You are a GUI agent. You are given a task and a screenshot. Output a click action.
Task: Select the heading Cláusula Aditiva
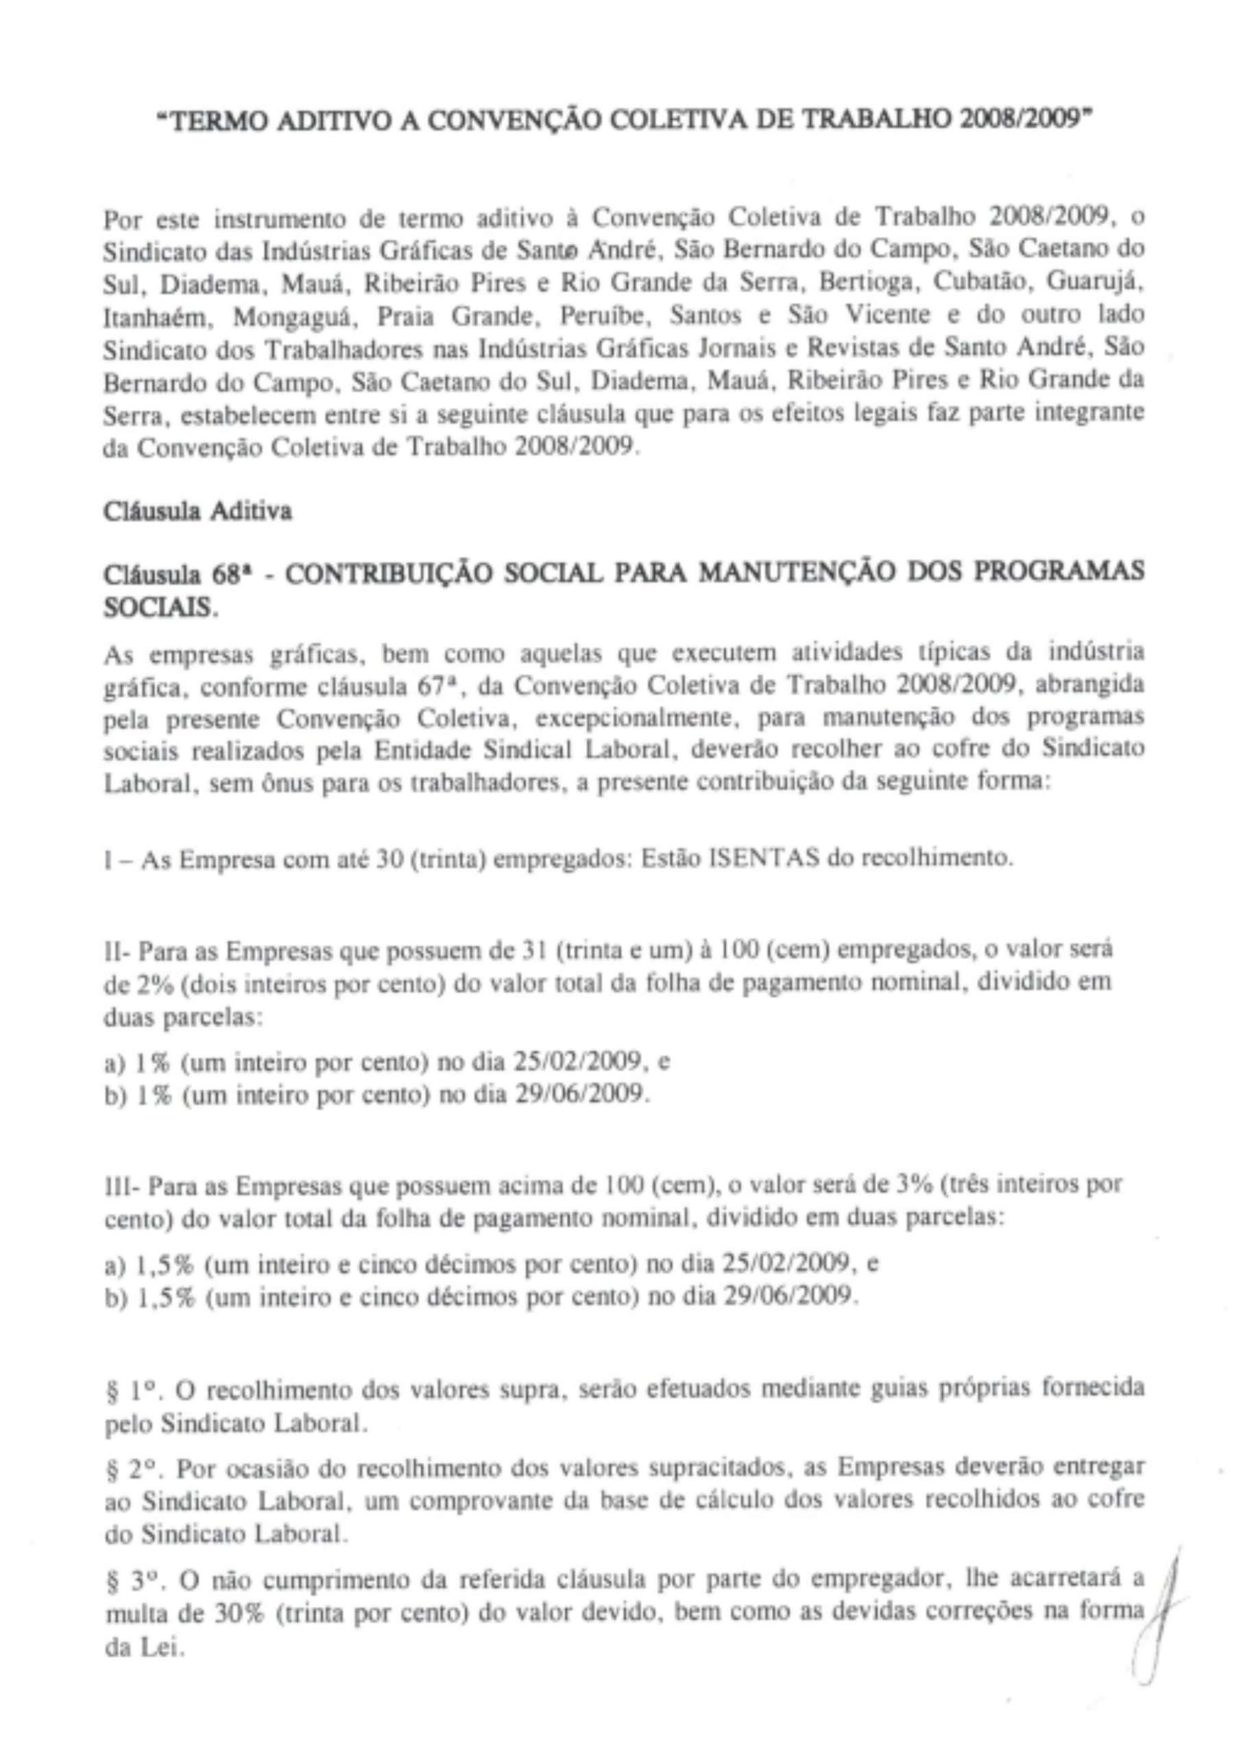[x=197, y=511]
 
